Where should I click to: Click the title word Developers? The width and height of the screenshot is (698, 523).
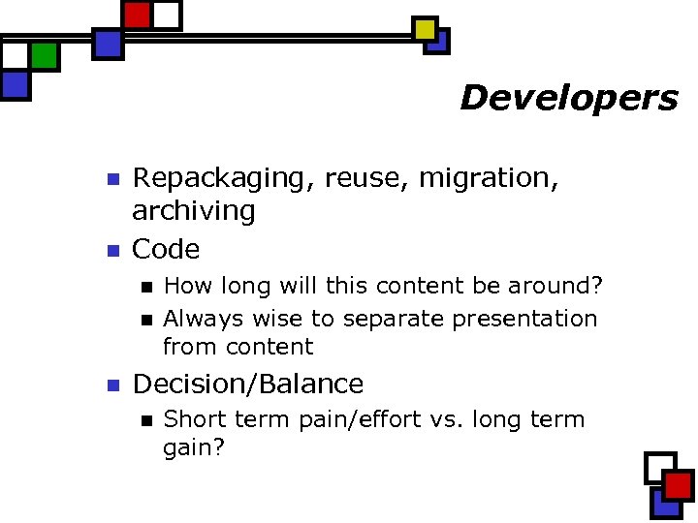pyautogui.click(x=568, y=98)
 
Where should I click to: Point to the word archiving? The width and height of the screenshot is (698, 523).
pyautogui.click(x=193, y=211)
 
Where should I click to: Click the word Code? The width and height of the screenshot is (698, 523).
pyautogui.click(x=166, y=250)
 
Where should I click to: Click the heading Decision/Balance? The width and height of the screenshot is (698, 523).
pyautogui.click(x=247, y=385)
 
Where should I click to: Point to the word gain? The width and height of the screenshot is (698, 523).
pyautogui.click(x=194, y=447)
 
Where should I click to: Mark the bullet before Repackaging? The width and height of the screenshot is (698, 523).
pyautogui.click(x=111, y=180)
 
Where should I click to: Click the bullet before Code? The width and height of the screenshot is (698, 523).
pyautogui.click(x=111, y=251)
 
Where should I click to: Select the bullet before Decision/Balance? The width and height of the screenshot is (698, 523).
pyautogui.click(x=111, y=385)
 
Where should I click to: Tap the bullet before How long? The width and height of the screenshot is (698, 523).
pyautogui.click(x=145, y=288)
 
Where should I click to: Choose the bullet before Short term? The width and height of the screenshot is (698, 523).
pyautogui.click(x=145, y=420)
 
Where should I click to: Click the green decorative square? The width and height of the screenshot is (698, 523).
pyautogui.click(x=45, y=56)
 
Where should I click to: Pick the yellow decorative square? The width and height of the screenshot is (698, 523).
pyautogui.click(x=425, y=29)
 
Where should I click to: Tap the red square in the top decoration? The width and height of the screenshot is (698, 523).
pyautogui.click(x=138, y=15)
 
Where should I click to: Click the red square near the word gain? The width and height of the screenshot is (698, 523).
pyautogui.click(x=679, y=485)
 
